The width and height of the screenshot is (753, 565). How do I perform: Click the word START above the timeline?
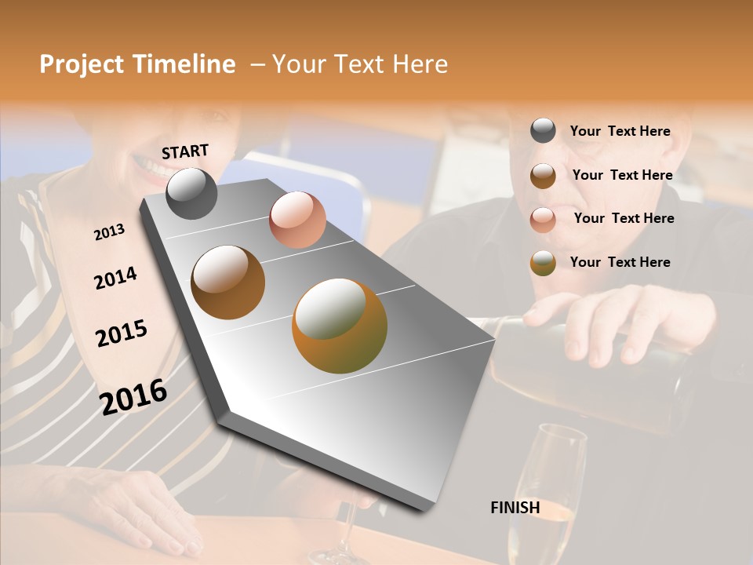tap(185, 151)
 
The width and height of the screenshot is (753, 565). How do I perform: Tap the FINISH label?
tap(515, 508)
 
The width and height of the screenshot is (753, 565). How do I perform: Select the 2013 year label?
tap(109, 231)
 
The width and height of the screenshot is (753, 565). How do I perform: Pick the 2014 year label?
tap(115, 278)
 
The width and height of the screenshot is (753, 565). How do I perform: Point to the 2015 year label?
tap(122, 334)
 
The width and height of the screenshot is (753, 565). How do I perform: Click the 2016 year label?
tap(133, 396)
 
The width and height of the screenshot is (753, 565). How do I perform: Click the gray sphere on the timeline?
tap(191, 194)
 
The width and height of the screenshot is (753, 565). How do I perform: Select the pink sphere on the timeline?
tap(297, 220)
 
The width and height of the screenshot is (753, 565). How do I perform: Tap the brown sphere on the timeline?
tap(227, 282)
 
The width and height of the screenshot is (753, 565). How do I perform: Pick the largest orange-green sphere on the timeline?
tap(340, 325)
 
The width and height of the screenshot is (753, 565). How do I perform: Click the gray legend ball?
tap(543, 131)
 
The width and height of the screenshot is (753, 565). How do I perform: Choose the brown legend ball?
tap(543, 175)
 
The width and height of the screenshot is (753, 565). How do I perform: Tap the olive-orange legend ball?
tap(543, 262)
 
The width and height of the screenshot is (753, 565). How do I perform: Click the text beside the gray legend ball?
tap(620, 131)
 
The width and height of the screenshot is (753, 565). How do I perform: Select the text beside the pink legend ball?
tap(624, 218)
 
